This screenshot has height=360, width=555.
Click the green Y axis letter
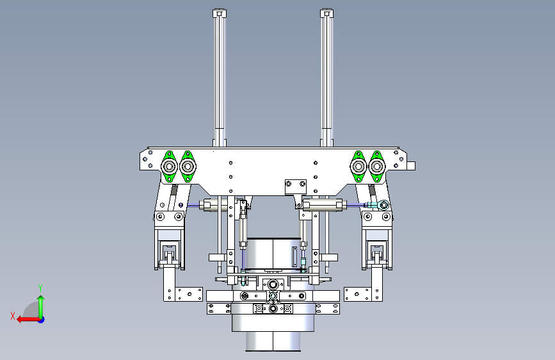(x=40, y=288)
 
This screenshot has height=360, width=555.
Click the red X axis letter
(x=13, y=316)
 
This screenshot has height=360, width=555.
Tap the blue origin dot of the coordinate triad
(x=42, y=320)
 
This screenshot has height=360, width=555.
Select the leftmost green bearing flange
(x=169, y=167)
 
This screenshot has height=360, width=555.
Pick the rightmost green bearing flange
(x=377, y=167)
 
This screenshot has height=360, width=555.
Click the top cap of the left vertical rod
(x=220, y=13)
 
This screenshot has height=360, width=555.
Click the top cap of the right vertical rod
(x=326, y=13)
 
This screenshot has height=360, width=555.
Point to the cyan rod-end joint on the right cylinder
(x=383, y=204)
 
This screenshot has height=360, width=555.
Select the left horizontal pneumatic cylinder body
(x=214, y=205)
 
